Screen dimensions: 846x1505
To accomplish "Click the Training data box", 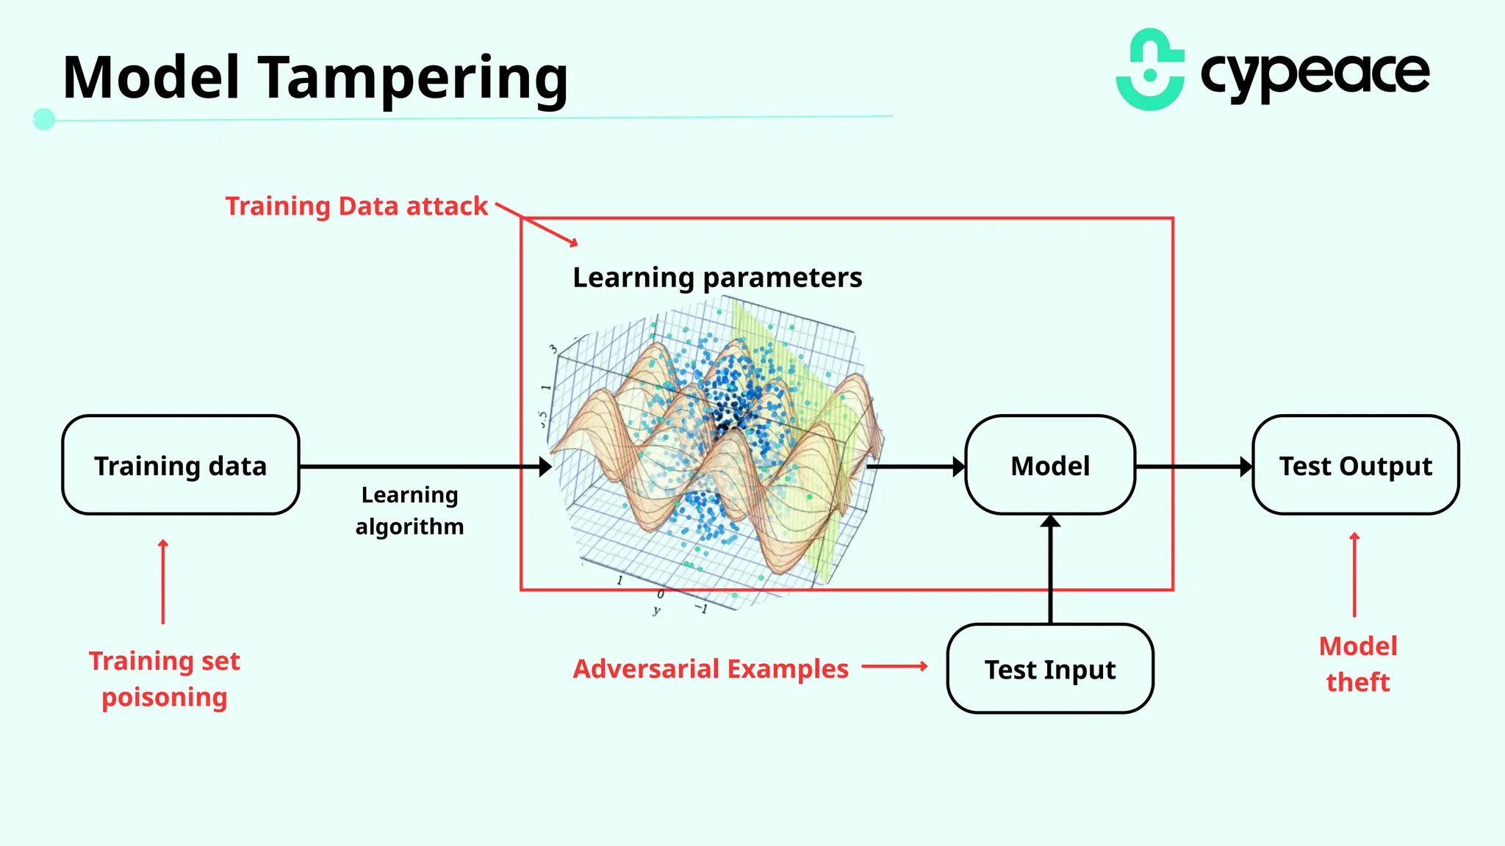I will click(x=181, y=466).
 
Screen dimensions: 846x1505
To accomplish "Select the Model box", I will click(x=1050, y=466).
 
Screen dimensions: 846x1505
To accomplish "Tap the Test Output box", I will click(x=1355, y=466).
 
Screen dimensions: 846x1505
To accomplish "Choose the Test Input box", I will click(x=1050, y=669).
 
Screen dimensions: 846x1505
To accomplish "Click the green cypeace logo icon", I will click(x=1150, y=70).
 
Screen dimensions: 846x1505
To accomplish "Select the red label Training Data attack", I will click(x=356, y=206).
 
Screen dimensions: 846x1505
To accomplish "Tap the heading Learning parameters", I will click(x=717, y=278).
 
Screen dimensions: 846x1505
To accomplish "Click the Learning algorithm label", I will click(x=409, y=510).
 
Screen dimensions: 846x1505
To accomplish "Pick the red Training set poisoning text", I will click(x=165, y=679).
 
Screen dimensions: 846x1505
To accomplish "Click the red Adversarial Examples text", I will click(x=711, y=669).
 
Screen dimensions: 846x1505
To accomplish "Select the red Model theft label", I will click(x=1357, y=664).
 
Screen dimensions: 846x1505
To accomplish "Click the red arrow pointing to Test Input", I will click(x=894, y=667).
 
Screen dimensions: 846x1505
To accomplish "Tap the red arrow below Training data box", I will click(x=163, y=582).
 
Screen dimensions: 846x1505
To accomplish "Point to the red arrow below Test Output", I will click(x=1354, y=574).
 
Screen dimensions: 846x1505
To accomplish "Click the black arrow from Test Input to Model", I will click(x=1050, y=569).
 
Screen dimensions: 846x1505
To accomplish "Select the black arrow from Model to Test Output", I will click(x=1193, y=466).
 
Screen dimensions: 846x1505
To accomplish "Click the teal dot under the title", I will click(x=44, y=119).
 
